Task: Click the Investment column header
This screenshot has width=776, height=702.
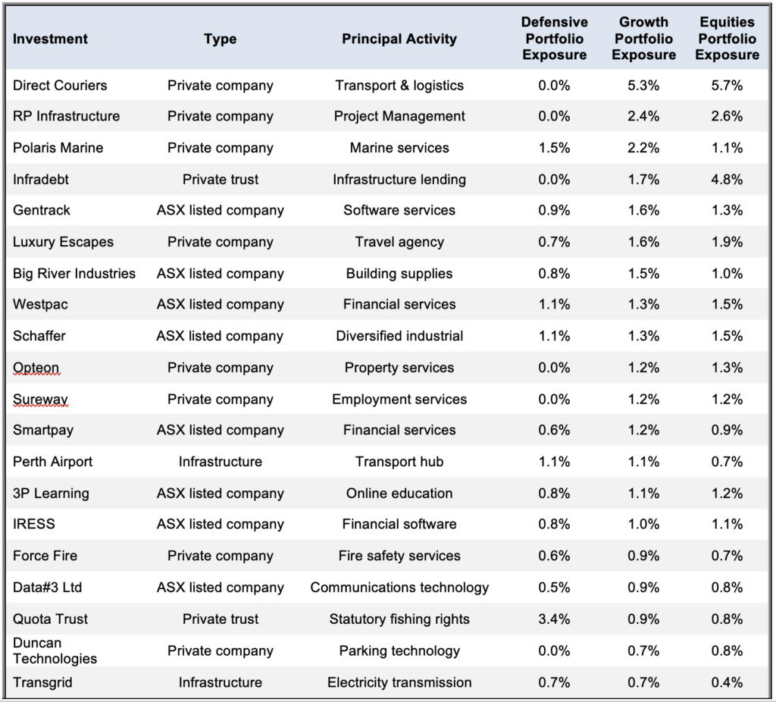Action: tap(50, 39)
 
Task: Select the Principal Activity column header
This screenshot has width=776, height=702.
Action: tap(399, 39)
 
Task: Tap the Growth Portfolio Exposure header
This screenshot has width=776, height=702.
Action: tap(643, 38)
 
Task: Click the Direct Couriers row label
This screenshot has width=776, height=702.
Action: tap(60, 85)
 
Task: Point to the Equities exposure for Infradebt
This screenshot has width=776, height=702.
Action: tap(727, 179)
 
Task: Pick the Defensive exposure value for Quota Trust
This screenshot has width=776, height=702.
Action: tap(554, 619)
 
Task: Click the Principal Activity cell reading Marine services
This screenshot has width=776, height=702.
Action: tap(399, 148)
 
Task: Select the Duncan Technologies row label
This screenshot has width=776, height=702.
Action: tap(55, 650)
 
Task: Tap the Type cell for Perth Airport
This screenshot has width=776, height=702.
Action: tap(221, 462)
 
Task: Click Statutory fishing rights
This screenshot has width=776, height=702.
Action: tap(399, 619)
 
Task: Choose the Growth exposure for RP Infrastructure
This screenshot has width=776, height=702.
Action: tap(643, 116)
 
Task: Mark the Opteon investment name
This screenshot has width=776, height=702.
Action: tap(36, 368)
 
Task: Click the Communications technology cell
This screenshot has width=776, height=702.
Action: tap(399, 587)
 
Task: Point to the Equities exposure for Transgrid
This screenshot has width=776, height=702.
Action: tap(727, 682)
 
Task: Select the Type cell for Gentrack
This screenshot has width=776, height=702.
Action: tap(221, 210)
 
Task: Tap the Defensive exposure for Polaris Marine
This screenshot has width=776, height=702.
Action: tap(554, 148)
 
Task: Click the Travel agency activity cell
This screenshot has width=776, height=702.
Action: tap(399, 242)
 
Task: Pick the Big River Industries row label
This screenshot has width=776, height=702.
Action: tap(74, 273)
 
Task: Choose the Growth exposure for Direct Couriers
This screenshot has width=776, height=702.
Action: tap(643, 85)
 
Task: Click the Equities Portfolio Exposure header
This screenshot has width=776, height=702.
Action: tap(727, 38)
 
